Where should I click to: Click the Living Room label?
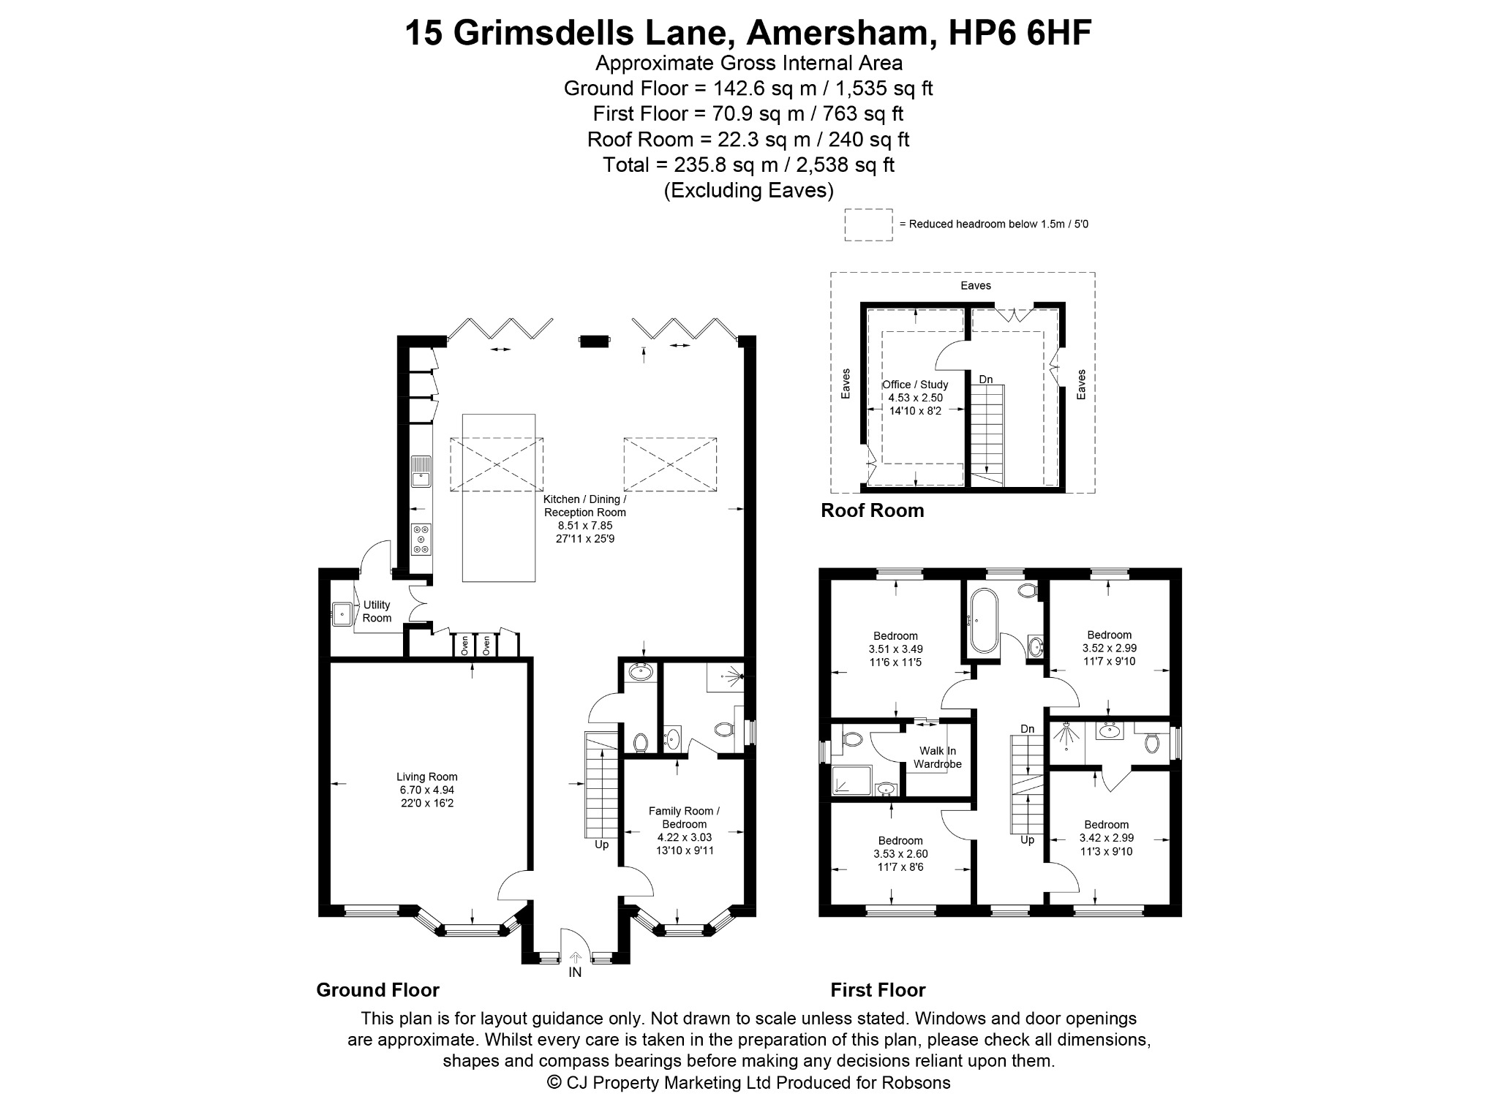tap(427, 777)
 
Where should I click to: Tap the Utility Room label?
tap(377, 611)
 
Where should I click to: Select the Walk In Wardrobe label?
tap(938, 758)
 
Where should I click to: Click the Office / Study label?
tap(915, 385)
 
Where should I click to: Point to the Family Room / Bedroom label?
tap(685, 817)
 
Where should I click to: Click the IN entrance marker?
tap(576, 973)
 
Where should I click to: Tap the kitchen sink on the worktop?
tap(421, 471)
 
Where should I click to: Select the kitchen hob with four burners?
tap(421, 540)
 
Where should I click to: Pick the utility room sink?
tap(342, 613)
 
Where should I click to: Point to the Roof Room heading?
tap(873, 510)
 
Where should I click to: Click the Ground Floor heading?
tap(377, 990)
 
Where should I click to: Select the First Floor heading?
tap(878, 990)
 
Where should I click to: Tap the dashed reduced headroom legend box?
tap(868, 225)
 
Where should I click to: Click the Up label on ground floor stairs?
tap(601, 845)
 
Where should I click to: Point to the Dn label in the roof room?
tap(986, 379)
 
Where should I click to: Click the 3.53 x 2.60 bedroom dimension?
tap(900, 853)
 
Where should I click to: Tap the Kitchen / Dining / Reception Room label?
tap(585, 506)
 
